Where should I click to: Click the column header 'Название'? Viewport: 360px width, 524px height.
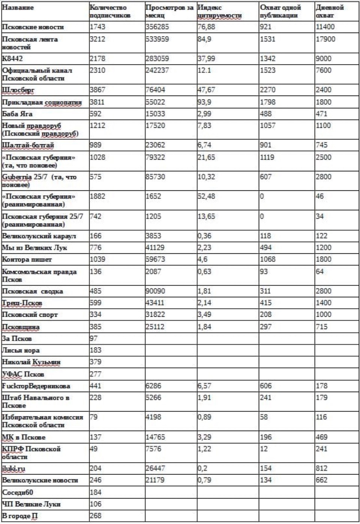tap(18, 7)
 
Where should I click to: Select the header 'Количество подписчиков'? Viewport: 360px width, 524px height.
tap(110, 12)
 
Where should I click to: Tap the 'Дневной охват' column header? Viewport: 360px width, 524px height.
tap(324, 12)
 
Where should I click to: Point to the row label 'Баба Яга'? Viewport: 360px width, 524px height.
tap(17, 114)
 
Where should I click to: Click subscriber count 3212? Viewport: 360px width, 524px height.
tap(97, 39)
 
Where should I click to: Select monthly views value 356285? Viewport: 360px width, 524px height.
tap(157, 27)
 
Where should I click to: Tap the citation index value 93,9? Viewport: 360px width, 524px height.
tap(204, 102)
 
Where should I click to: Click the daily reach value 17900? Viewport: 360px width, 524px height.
tap(325, 39)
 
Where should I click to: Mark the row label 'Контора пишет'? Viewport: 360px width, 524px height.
tap(27, 259)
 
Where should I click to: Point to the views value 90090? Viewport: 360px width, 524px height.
tap(155, 291)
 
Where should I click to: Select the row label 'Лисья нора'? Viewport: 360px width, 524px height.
tap(21, 350)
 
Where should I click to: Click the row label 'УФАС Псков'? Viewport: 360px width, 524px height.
tap(23, 374)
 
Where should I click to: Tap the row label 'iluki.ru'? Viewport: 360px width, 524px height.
tap(14, 469)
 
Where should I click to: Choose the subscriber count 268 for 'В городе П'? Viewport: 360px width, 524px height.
tap(96, 516)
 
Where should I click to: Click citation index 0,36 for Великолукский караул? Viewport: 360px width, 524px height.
tap(204, 236)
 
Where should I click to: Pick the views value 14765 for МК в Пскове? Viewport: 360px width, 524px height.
tap(155, 437)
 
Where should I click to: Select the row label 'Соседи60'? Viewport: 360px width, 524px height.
tap(18, 492)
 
